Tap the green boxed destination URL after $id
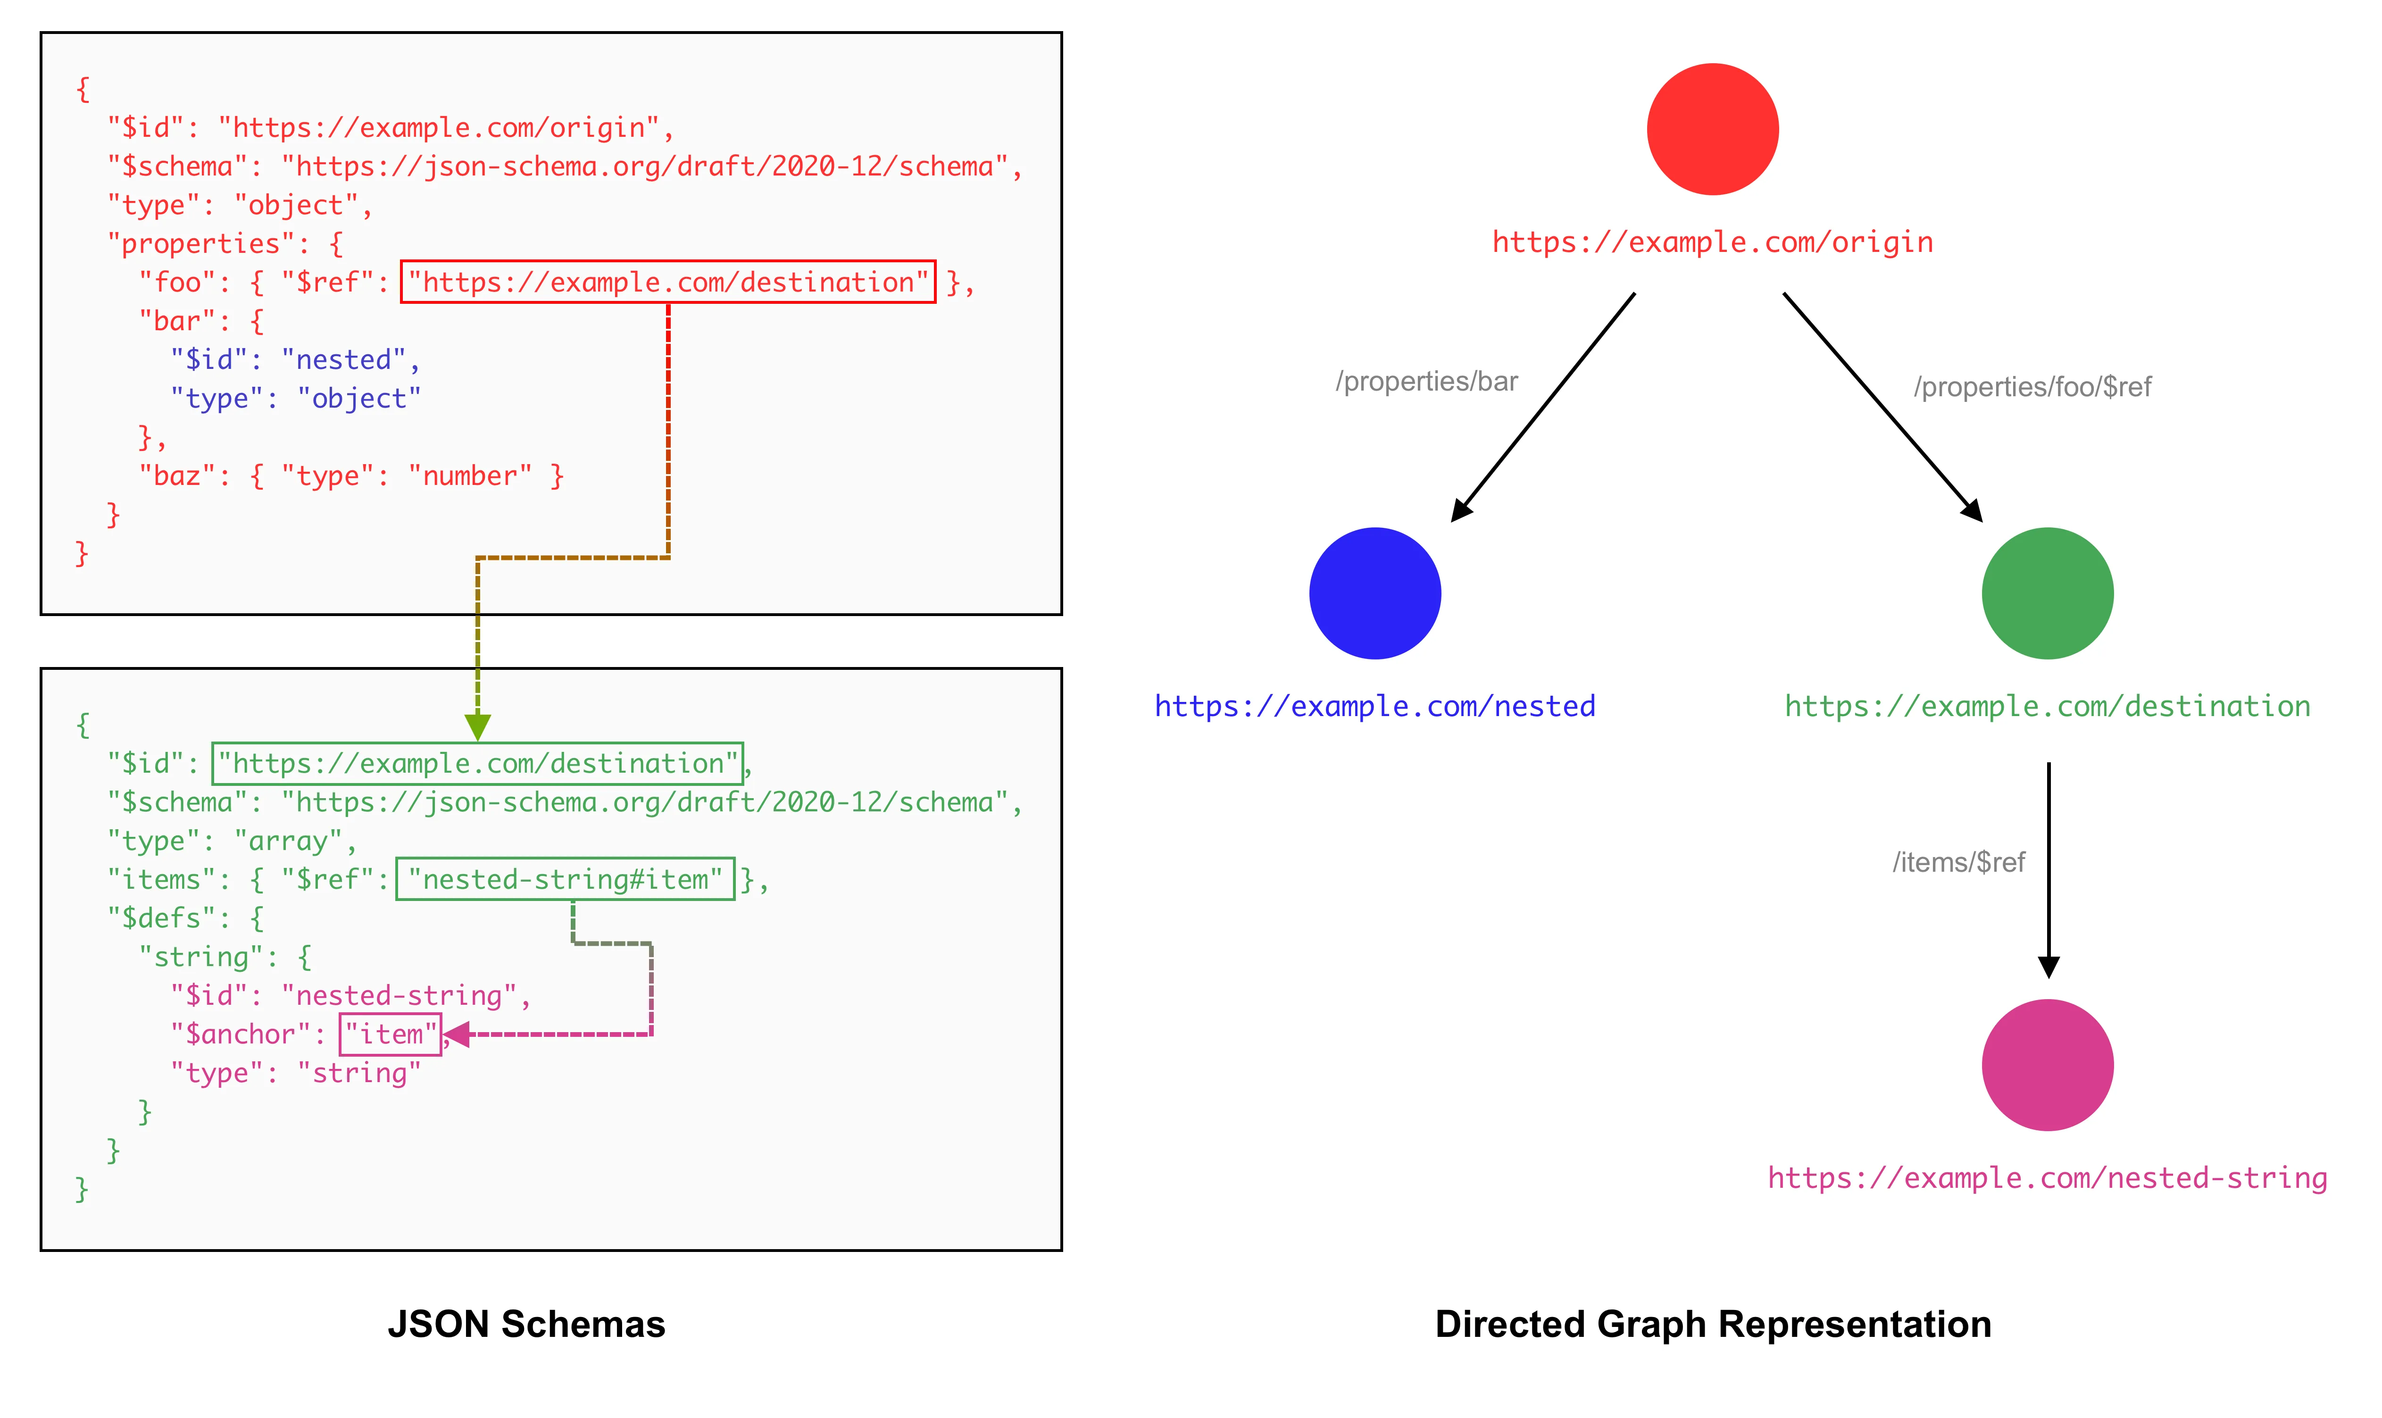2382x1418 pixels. click(x=477, y=763)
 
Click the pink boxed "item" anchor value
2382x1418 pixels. click(x=390, y=1034)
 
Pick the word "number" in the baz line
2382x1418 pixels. click(x=469, y=476)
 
